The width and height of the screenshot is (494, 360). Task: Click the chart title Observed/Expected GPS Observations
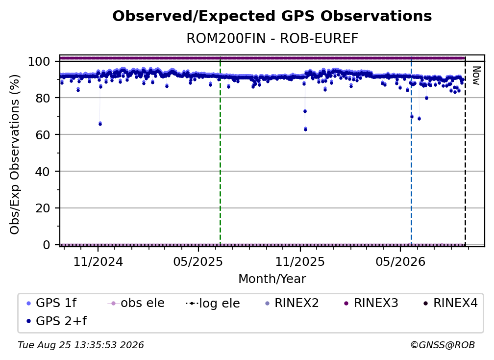[272, 16]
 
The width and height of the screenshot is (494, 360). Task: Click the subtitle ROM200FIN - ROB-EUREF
[272, 39]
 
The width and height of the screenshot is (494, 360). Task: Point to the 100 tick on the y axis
[39, 61]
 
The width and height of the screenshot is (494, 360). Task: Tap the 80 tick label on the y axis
[43, 98]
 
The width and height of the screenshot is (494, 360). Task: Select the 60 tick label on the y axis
[43, 135]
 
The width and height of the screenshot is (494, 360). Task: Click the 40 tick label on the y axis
[43, 172]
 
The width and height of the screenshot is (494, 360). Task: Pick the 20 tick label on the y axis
[43, 208]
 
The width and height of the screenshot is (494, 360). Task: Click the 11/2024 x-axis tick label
[98, 262]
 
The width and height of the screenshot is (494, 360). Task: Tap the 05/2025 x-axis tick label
[198, 262]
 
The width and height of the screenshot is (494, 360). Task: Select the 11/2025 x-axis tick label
[300, 262]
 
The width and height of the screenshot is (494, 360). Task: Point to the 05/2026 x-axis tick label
[400, 262]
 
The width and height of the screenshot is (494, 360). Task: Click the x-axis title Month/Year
[272, 279]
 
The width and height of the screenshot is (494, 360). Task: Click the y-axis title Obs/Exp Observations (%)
[15, 154]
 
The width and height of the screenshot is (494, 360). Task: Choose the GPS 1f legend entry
[52, 303]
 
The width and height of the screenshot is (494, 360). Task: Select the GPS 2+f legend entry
[57, 321]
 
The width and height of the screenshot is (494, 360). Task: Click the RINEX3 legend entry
[371, 303]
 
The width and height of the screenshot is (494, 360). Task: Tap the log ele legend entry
[213, 304]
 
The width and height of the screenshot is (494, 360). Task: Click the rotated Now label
[476, 76]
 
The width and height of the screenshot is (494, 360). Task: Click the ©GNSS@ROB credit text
[443, 345]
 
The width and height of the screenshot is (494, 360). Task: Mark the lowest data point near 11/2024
[100, 124]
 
